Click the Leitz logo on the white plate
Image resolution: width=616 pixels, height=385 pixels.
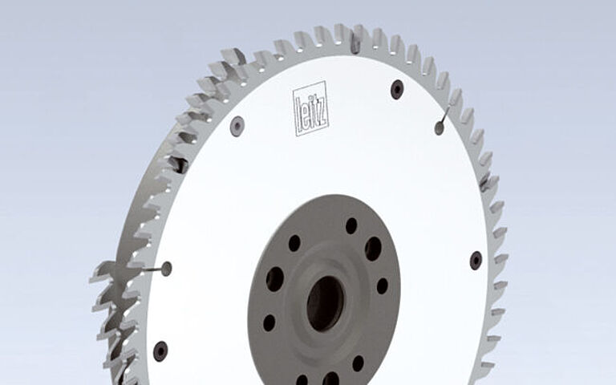click(x=311, y=108)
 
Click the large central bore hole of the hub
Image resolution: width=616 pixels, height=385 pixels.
click(x=325, y=303)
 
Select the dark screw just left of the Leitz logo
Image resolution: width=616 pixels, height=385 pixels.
click(x=237, y=125)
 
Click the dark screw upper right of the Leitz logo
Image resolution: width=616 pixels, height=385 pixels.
click(x=397, y=88)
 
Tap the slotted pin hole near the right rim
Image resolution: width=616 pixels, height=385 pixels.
click(x=440, y=127)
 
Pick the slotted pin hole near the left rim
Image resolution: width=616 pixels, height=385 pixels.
click(x=166, y=269)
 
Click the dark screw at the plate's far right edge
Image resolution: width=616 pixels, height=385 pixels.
click(x=476, y=260)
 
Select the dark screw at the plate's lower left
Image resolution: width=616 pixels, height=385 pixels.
click(x=160, y=351)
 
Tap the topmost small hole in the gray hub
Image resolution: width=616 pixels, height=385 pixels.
click(x=351, y=225)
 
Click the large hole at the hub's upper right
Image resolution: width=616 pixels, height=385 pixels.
click(x=373, y=249)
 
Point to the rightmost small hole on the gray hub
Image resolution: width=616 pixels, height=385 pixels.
click(x=383, y=286)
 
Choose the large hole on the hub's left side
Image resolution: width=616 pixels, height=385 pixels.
click(x=274, y=279)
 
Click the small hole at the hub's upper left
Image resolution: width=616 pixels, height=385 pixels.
click(x=294, y=242)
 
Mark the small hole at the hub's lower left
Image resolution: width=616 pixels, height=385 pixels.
click(x=269, y=322)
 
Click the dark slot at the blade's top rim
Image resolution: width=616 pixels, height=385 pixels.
click(x=355, y=43)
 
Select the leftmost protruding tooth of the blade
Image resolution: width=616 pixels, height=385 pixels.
click(x=98, y=273)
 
